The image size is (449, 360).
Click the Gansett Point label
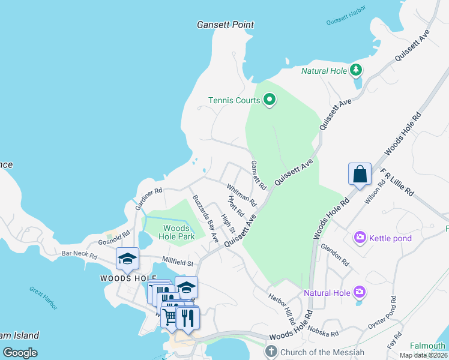pos(225,25)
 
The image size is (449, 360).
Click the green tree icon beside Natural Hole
pos(356,70)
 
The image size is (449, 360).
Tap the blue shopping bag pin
pos(360,175)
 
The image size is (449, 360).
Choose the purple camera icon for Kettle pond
pos(360,238)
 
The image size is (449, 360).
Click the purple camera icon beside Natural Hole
pos(360,292)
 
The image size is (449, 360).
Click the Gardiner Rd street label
pos(148,199)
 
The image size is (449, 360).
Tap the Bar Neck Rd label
pos(79,254)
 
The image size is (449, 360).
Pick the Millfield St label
pos(178,262)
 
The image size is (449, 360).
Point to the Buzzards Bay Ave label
pos(205,218)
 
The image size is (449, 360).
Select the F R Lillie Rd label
pos(397,182)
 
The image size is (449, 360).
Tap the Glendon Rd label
pos(335,254)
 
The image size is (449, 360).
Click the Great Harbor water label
pos(44,298)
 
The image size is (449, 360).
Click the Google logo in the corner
pos(20,353)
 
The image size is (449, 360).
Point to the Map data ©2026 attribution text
pos(423,355)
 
